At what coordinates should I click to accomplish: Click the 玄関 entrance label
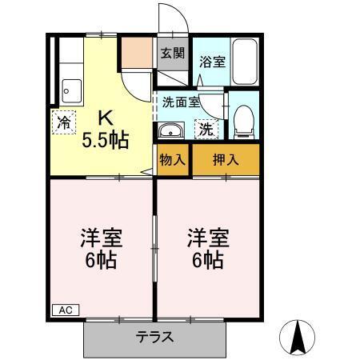(x=172, y=54)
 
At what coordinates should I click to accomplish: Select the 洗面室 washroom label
(x=180, y=102)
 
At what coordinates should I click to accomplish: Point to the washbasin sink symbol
(x=170, y=131)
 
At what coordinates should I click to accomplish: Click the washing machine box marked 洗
(x=206, y=128)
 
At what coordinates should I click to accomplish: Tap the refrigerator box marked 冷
(x=62, y=124)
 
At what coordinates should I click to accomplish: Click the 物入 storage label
(x=173, y=158)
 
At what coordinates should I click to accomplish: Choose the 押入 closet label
(x=226, y=158)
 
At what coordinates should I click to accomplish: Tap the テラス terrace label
(x=155, y=337)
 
